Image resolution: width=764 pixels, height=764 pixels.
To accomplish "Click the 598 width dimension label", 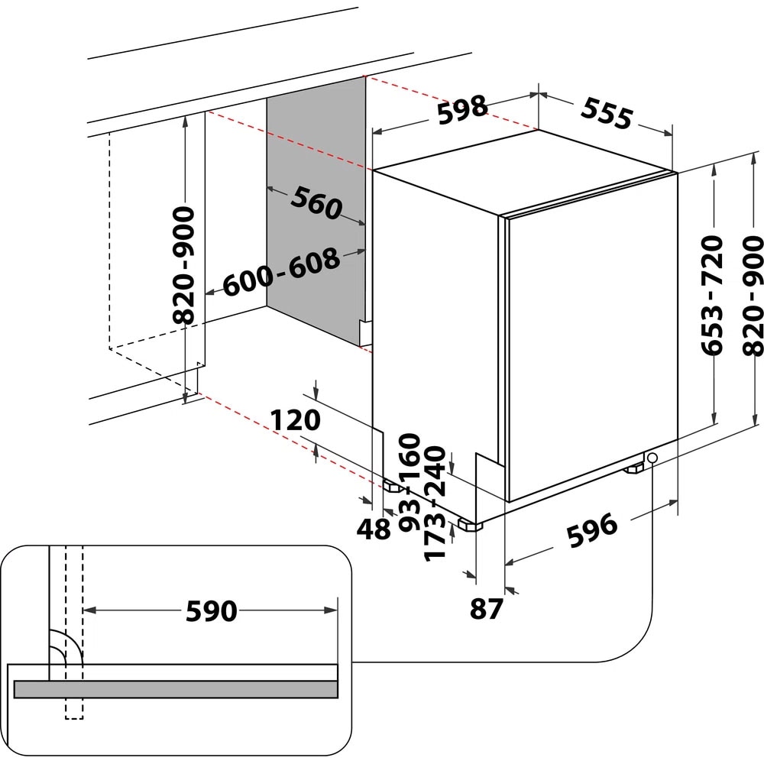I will coord(462,108).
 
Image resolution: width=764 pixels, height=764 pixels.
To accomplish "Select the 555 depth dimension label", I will coord(607,113).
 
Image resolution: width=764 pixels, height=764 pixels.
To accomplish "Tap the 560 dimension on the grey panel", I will coord(315,203).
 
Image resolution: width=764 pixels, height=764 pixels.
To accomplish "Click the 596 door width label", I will coord(591,530).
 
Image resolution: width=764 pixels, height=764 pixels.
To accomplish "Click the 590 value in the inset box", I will coord(212,610).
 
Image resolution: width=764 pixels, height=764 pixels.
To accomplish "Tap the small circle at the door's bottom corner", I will coord(652,458).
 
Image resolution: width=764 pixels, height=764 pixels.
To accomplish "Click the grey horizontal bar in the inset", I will coord(176,689).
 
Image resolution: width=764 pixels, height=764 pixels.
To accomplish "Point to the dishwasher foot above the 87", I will coord(468,525).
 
